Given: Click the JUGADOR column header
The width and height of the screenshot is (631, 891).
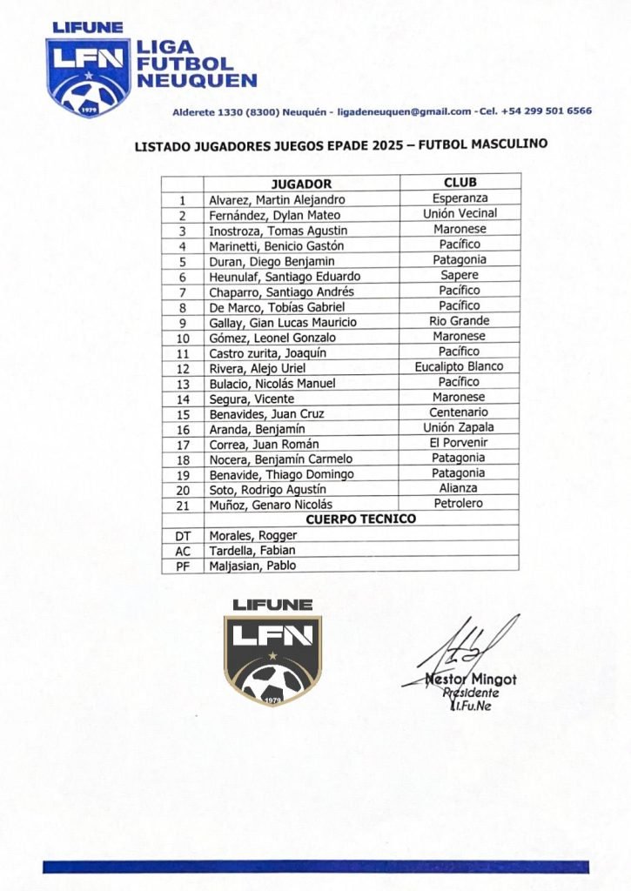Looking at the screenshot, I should [301, 184].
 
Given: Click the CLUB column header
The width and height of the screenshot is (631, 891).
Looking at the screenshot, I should [460, 183].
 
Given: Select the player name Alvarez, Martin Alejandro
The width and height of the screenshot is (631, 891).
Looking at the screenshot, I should [277, 199].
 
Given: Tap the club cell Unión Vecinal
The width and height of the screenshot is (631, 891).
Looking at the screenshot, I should [460, 213].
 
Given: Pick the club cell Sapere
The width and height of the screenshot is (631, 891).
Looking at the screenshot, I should [460, 275].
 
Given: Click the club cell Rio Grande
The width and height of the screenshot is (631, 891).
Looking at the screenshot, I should [460, 321].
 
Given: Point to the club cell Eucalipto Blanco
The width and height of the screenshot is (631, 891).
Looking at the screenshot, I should [459, 367].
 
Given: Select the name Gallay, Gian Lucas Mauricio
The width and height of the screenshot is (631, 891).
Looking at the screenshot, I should [282, 322].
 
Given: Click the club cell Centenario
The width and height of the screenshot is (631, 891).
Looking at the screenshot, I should [459, 412].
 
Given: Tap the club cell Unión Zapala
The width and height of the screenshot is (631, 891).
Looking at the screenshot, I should [459, 427].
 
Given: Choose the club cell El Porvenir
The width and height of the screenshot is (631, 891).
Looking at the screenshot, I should [459, 443].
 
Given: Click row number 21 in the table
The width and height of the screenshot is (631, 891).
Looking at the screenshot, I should [182, 505].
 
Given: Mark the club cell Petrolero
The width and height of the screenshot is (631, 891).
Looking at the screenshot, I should [459, 504].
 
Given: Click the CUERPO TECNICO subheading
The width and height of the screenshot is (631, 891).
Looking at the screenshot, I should [360, 519].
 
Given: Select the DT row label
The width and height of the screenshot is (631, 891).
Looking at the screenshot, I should [182, 535].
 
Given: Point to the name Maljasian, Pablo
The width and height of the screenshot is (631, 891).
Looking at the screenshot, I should [252, 566].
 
